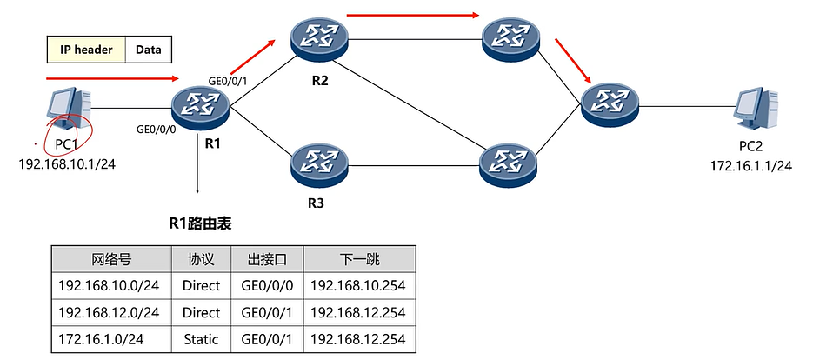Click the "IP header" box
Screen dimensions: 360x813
[86, 50]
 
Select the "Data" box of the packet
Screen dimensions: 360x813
[149, 50]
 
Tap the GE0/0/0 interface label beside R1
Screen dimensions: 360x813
[156, 129]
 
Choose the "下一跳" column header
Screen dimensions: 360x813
[357, 259]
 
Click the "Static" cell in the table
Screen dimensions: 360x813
[202, 338]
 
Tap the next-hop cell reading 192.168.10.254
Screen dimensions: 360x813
[357, 285]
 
